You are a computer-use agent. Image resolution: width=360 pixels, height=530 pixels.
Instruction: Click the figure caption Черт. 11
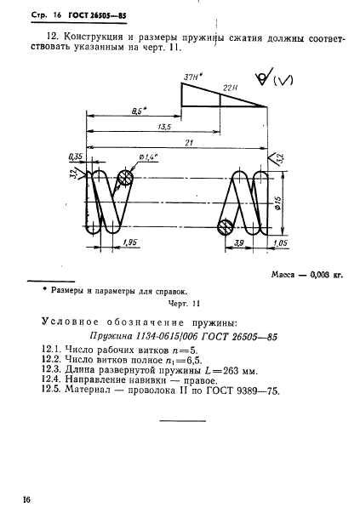click(182, 303)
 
